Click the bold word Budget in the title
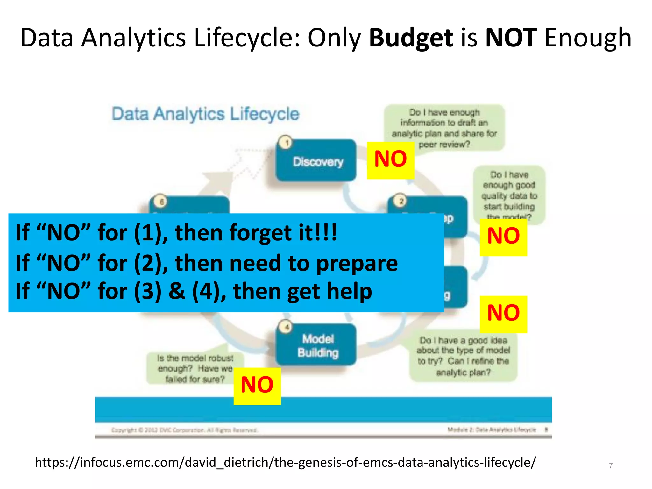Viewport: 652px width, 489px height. pos(411,38)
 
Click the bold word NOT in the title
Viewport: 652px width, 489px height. pos(511,38)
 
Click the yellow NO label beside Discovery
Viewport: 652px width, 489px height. pos(390,159)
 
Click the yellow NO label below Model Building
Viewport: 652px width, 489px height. pos(257,385)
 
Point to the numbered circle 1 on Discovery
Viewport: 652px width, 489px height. pos(286,143)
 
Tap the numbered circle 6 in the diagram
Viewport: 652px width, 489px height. pos(161,201)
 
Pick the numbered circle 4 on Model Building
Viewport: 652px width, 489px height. pos(286,327)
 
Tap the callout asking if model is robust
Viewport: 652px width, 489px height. pos(195,368)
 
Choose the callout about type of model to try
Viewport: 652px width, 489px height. pos(463,356)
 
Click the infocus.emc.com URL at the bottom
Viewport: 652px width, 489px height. pos(285,462)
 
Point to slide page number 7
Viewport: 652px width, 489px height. pos(611,466)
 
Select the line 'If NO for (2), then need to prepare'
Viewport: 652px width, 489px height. pos(206,263)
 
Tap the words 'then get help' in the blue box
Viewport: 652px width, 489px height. pos(302,291)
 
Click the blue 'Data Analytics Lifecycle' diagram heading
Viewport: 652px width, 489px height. pos(206,114)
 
